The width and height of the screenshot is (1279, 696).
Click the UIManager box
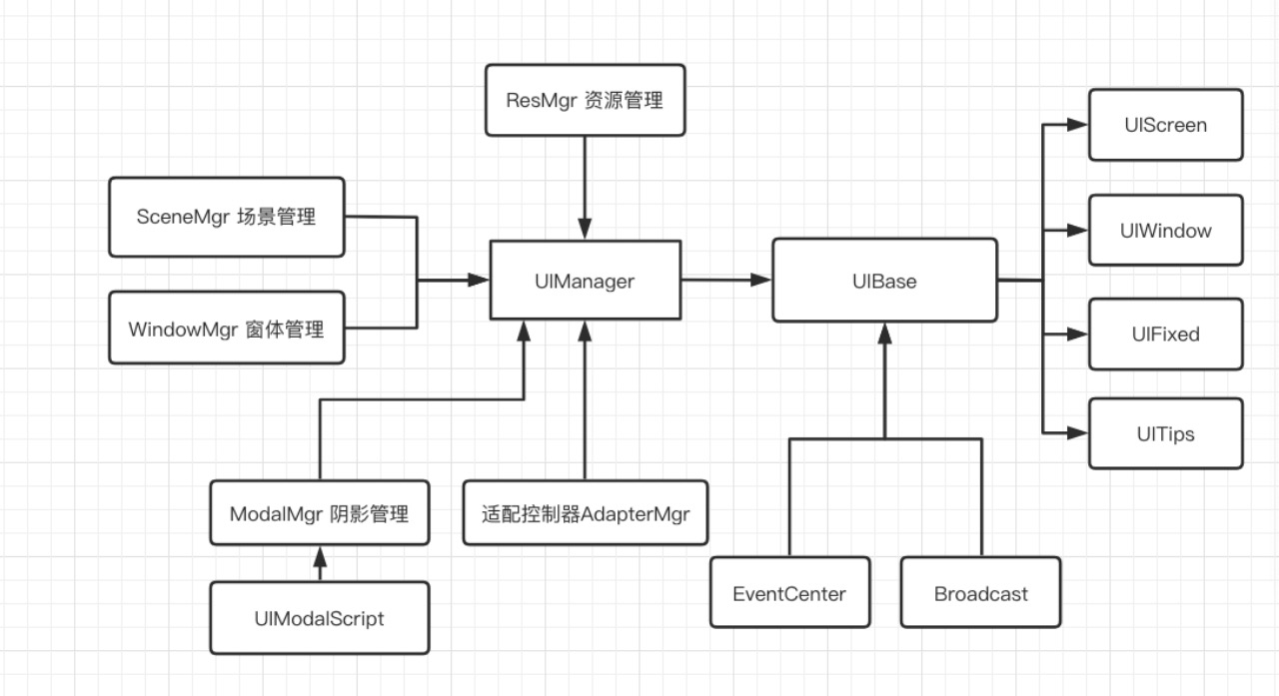[x=585, y=281]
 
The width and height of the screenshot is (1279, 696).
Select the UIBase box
[x=884, y=281]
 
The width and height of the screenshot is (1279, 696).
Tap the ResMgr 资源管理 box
[x=585, y=100]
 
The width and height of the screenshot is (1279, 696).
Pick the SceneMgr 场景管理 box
[x=226, y=216]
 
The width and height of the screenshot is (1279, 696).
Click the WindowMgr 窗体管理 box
[x=226, y=328]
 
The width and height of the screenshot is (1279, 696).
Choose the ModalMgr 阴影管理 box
[x=320, y=513]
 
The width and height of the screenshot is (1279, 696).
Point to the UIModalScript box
[x=320, y=618]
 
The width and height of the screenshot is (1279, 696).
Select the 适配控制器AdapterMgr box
[x=585, y=513]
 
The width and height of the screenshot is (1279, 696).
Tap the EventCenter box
[x=789, y=593]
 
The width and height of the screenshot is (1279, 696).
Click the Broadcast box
[x=980, y=593]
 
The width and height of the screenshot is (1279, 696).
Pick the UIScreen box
[x=1165, y=125]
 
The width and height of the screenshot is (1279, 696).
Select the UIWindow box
[x=1165, y=230]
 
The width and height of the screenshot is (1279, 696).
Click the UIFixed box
[x=1165, y=334]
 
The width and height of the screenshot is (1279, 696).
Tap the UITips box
[x=1165, y=433]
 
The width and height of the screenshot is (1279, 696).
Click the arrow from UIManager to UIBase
[x=726, y=281]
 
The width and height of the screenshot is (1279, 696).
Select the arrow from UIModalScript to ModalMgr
[x=320, y=564]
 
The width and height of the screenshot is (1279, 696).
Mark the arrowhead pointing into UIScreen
[x=1077, y=125]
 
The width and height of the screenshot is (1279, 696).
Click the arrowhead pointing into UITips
[x=1077, y=433]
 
